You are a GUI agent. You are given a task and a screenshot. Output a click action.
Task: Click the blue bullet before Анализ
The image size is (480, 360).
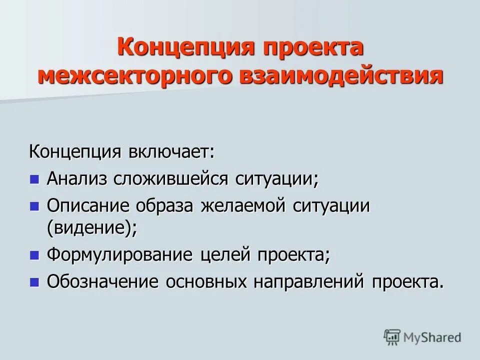point(34,179)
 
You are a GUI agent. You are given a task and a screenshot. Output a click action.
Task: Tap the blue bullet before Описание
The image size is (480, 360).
point(34,205)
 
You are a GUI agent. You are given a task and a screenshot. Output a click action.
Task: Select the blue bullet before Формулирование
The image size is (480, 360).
point(34,255)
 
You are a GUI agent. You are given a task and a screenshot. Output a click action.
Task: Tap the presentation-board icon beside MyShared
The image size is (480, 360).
point(392,337)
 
